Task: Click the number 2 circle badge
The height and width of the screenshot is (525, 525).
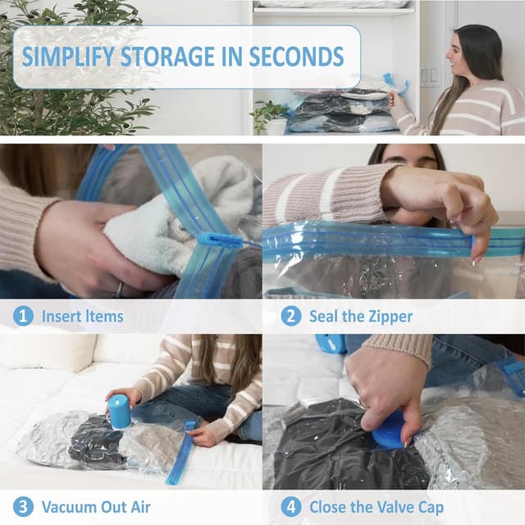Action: point(290,316)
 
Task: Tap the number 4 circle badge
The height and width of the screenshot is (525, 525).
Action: point(290,506)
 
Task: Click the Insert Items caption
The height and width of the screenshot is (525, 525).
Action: point(83,316)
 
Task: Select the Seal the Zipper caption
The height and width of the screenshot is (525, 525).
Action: point(360,316)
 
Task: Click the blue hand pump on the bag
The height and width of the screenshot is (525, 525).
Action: point(120,411)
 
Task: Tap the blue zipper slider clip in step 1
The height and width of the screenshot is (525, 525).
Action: point(219,240)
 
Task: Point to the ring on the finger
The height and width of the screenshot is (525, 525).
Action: point(119,289)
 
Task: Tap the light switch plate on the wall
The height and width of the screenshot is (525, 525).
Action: point(429,75)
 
